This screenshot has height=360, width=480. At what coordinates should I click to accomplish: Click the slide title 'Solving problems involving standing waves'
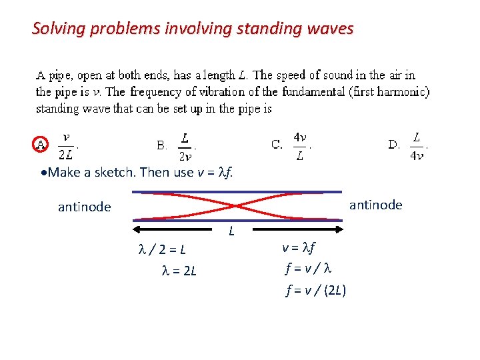point(193,29)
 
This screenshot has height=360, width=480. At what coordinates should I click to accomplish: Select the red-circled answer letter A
point(41,144)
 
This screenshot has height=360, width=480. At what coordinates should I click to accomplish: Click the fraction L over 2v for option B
point(185,147)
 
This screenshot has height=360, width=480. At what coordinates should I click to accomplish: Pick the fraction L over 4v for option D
point(417,146)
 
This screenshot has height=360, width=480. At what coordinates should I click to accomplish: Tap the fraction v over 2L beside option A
point(67,147)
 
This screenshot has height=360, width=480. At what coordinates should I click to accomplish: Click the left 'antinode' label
point(85,207)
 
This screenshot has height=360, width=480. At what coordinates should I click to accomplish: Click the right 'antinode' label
point(376,205)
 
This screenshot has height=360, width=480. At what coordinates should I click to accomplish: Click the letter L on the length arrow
point(231,232)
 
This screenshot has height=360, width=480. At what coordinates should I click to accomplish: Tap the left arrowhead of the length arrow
point(137,229)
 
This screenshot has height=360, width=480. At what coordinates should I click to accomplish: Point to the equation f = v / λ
point(308,270)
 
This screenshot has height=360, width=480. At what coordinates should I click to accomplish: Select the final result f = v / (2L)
point(315,291)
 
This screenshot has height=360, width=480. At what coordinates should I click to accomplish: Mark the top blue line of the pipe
point(238,192)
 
